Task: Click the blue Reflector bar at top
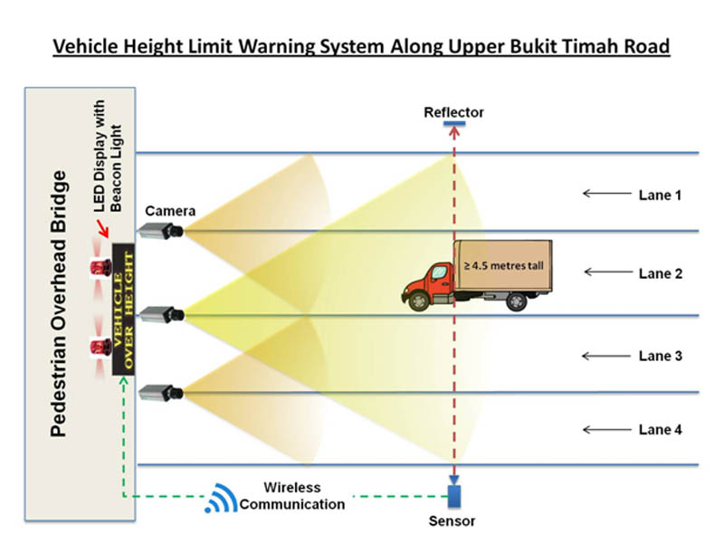[x=454, y=124]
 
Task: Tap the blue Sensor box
[x=454, y=497]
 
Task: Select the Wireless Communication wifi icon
[x=220, y=497]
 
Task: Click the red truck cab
[x=432, y=286]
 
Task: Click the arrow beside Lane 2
[x=604, y=272]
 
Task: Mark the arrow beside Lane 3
[x=604, y=356]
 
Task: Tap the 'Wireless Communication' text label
[x=292, y=496]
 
